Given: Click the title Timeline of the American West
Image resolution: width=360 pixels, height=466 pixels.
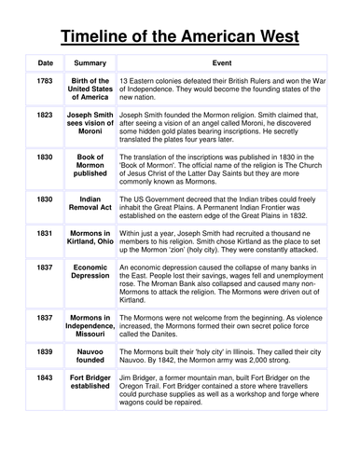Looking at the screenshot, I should [180, 37].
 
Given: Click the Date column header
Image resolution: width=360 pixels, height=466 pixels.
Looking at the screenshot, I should [46, 63].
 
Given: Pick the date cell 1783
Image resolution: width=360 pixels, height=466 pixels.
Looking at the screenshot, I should [46, 81].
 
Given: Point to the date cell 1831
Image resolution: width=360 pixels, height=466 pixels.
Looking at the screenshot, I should [46, 232].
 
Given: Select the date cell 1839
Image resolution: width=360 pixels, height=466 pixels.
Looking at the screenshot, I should [46, 351].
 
